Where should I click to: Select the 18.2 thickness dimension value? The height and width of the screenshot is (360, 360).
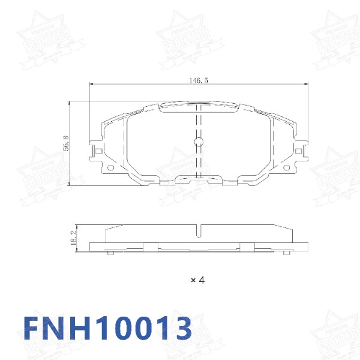[x=73, y=236]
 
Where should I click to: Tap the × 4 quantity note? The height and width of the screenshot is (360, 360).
[x=198, y=280]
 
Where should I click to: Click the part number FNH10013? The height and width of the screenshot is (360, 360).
[x=108, y=328]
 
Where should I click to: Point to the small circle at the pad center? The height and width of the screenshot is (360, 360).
[x=199, y=142]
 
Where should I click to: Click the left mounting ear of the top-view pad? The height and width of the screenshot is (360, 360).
[x=95, y=150]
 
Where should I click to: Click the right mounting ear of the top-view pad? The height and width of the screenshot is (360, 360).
[x=302, y=150]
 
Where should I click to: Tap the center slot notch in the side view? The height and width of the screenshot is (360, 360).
[x=199, y=229]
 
